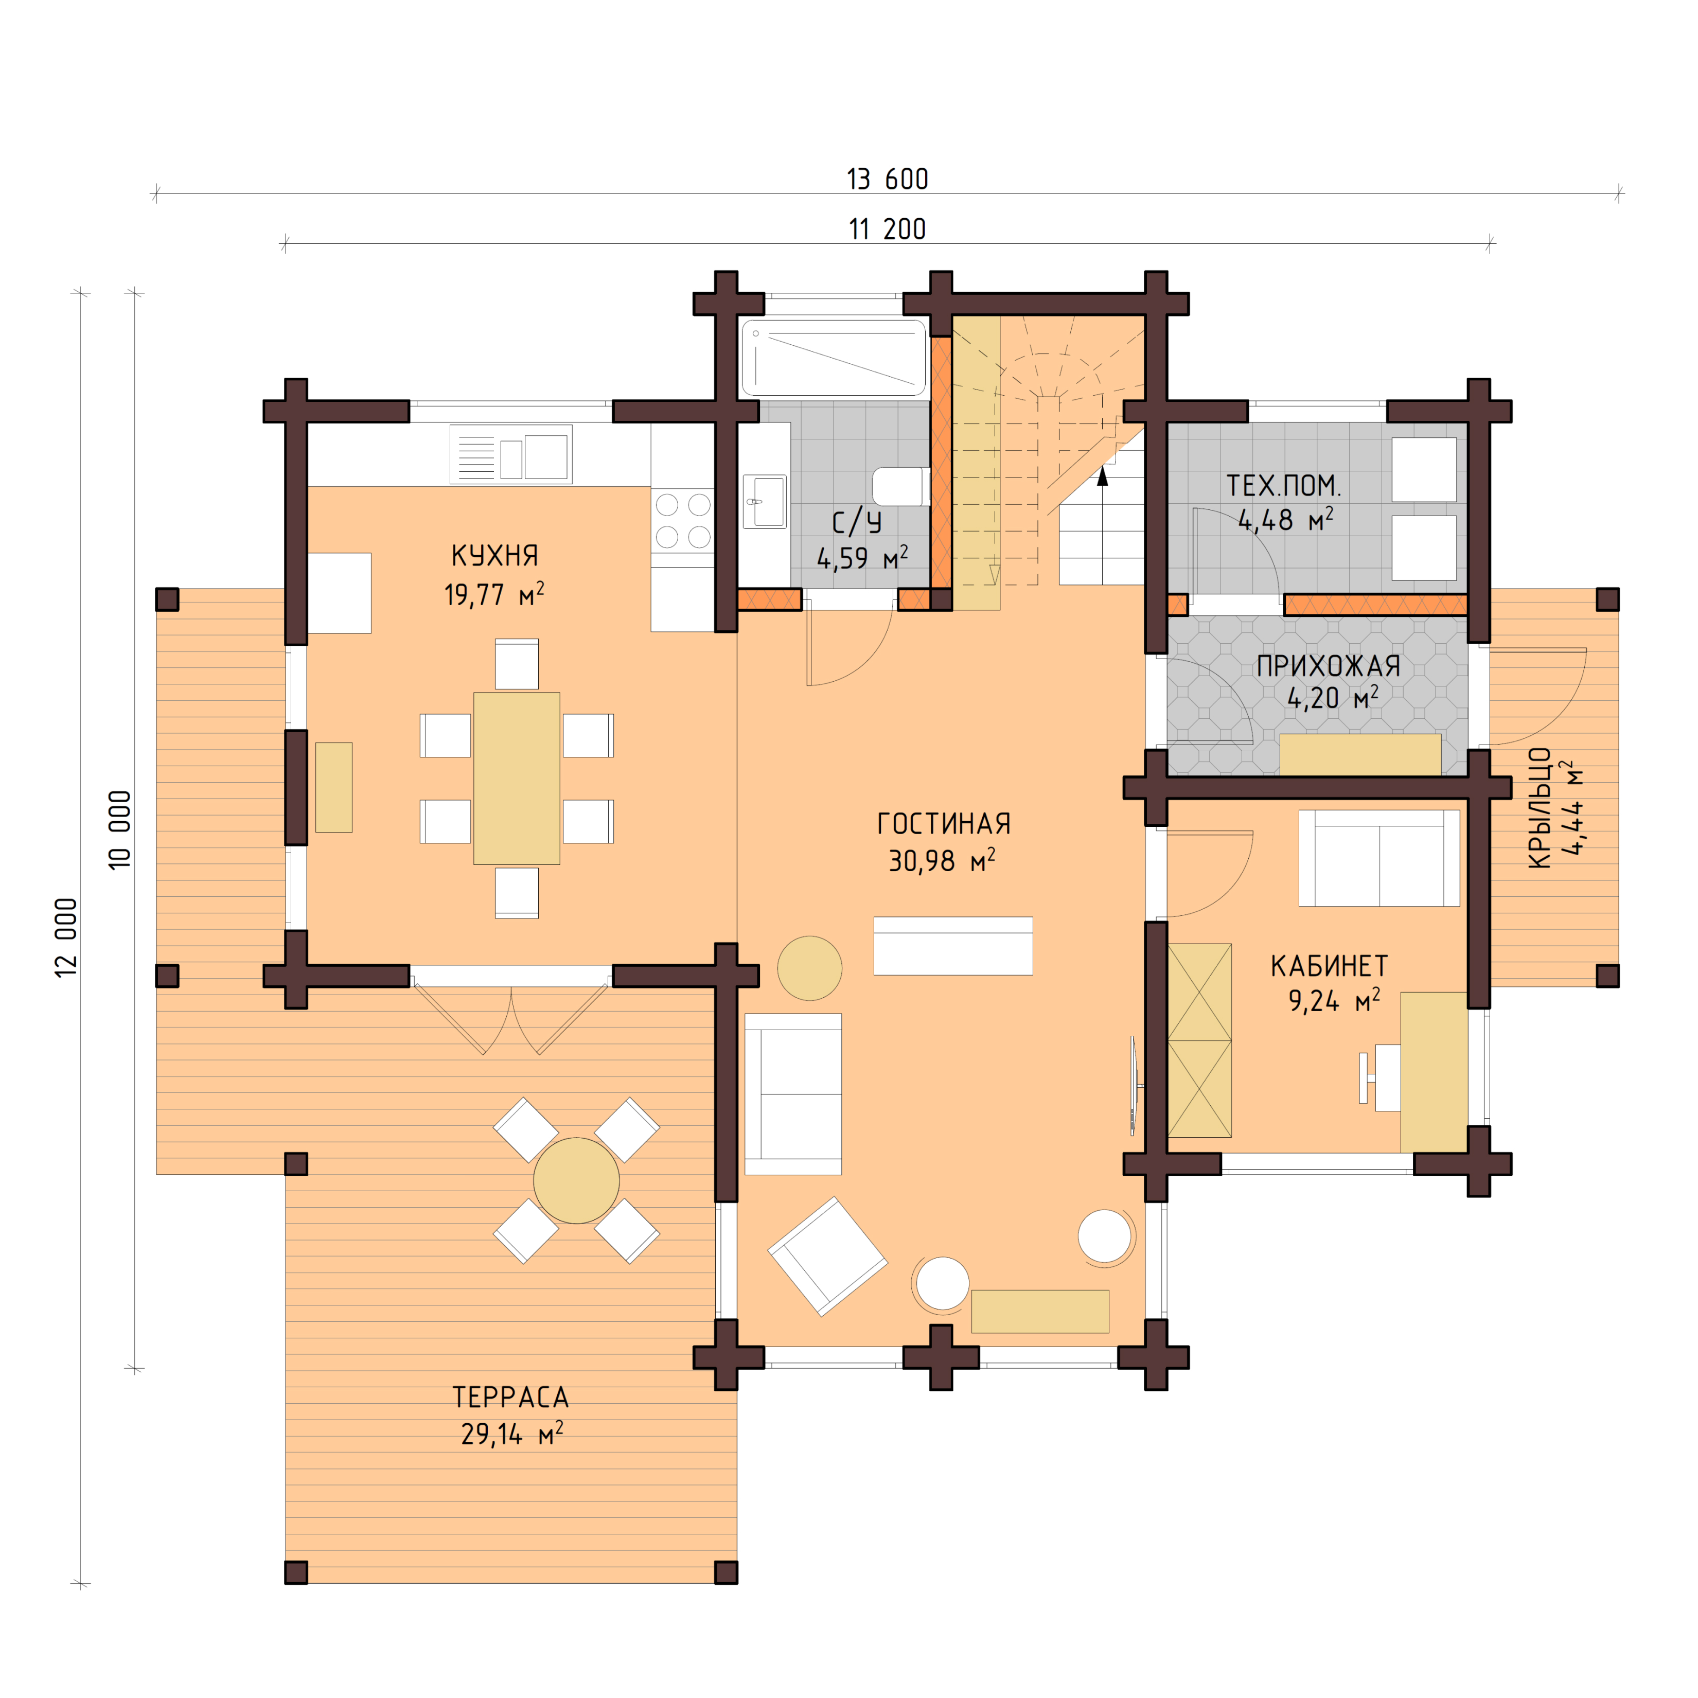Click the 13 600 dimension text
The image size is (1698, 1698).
pyautogui.click(x=887, y=179)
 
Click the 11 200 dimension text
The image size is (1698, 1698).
pyautogui.click(x=887, y=229)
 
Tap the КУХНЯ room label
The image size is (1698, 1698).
pyautogui.click(x=494, y=556)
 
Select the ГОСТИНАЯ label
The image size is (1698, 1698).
pyautogui.click(x=943, y=823)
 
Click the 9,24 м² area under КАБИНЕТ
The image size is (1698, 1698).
pyautogui.click(x=1333, y=1001)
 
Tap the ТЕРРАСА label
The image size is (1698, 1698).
pyautogui.click(x=510, y=1396)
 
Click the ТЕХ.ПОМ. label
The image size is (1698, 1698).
pyautogui.click(x=1283, y=485)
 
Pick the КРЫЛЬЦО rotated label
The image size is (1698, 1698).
pyautogui.click(x=1539, y=808)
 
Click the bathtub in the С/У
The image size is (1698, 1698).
pyautogui.click(x=833, y=358)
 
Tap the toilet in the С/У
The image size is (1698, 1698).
pyautogui.click(x=900, y=487)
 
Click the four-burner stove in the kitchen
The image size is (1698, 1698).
pyautogui.click(x=683, y=520)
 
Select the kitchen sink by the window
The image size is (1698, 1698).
pyautogui.click(x=510, y=454)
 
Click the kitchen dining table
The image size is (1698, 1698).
pyautogui.click(x=517, y=778)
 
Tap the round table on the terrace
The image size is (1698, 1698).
pyautogui.click(x=576, y=1180)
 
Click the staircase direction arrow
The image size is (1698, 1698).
pyautogui.click(x=1102, y=477)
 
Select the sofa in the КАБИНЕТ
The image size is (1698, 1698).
pyautogui.click(x=1378, y=858)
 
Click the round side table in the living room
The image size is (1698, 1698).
pyautogui.click(x=809, y=968)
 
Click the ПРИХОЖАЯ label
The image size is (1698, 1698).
pyautogui.click(x=1328, y=666)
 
